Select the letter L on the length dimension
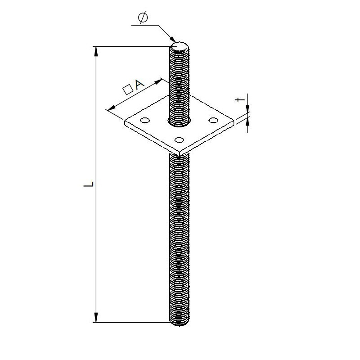tap(90, 184)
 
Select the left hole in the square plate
tap(145, 120)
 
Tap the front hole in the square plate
tap(179, 139)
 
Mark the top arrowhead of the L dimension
tap(95, 50)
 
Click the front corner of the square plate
tap(179, 153)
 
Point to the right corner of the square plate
tap(234, 121)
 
